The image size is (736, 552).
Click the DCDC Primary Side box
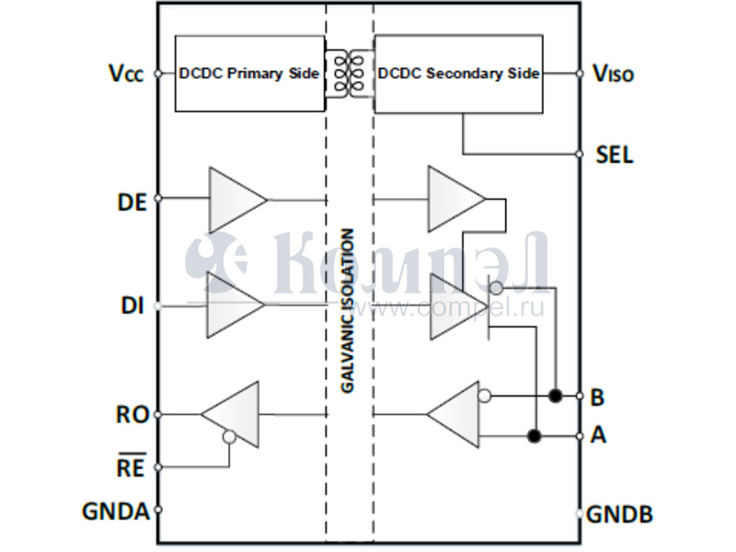[x=249, y=74]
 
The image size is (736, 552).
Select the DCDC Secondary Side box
[x=458, y=74]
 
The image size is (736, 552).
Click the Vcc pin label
[x=125, y=74]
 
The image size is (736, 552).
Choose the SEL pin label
[x=615, y=155]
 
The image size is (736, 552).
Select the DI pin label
[x=132, y=306]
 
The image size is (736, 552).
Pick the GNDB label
[x=620, y=514]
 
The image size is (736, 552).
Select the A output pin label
[x=598, y=435]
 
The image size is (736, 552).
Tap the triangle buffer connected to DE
[x=236, y=200]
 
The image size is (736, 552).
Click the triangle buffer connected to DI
[x=234, y=305]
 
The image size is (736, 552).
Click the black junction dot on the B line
[x=555, y=396]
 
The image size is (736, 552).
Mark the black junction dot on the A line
[x=533, y=435]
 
